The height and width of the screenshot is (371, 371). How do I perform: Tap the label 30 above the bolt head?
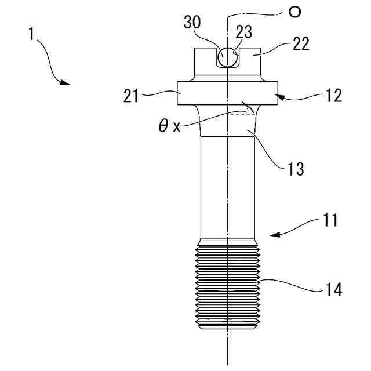[192, 24]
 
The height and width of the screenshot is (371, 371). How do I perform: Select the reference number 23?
[243, 33]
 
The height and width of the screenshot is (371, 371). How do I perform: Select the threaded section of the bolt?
[227, 287]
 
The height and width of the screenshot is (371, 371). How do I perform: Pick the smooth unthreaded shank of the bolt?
[227, 185]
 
